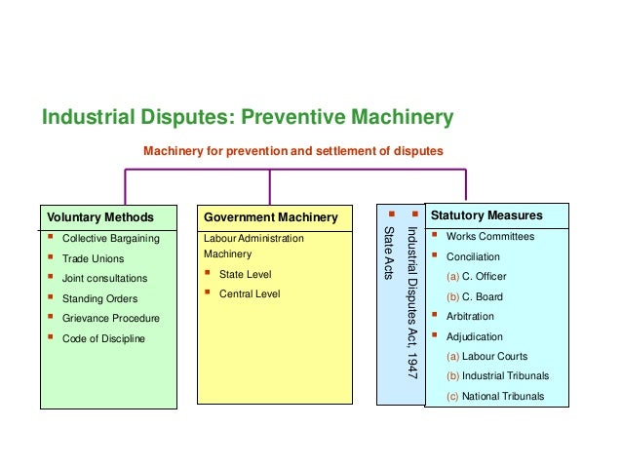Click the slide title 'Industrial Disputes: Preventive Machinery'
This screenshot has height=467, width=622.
(x=248, y=119)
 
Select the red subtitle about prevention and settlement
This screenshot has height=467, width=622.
(x=292, y=151)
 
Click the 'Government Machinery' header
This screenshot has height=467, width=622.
(x=271, y=216)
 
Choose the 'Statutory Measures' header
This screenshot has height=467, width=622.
(x=486, y=215)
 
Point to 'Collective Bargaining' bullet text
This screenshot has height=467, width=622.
(x=110, y=238)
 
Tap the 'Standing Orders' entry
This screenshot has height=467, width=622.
(x=99, y=298)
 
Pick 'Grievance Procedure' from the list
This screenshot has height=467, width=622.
(x=110, y=318)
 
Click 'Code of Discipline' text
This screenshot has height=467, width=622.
(x=103, y=338)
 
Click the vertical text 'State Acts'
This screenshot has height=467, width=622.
(x=389, y=253)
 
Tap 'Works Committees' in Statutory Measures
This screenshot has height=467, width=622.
(x=489, y=237)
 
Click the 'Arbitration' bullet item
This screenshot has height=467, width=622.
(x=470, y=316)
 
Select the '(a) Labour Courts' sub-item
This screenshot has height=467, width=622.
(x=487, y=356)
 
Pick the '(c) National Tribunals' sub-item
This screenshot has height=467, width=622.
(x=495, y=396)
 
